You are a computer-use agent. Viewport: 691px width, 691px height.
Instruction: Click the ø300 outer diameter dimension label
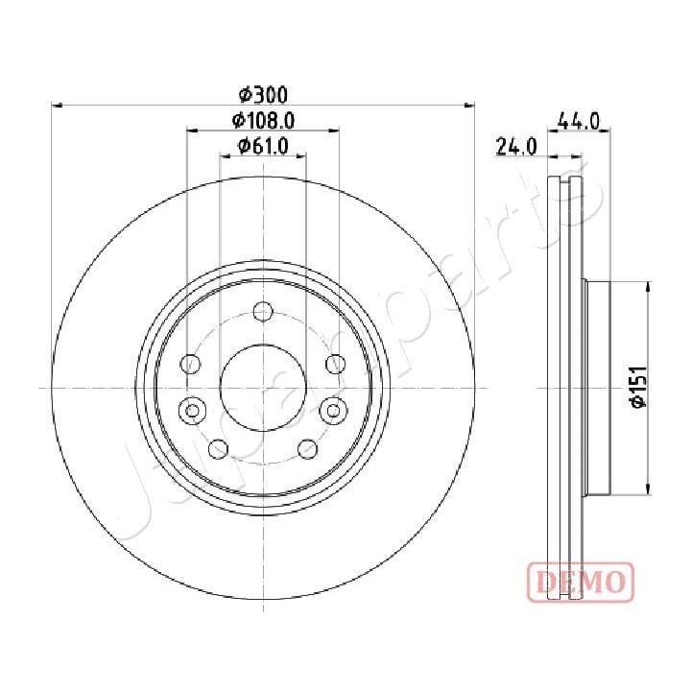(263, 94)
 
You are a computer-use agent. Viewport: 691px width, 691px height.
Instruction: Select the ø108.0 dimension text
(262, 120)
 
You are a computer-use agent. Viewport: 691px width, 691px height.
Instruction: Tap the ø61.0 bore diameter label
(263, 146)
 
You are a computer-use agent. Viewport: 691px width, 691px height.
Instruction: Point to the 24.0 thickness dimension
(515, 147)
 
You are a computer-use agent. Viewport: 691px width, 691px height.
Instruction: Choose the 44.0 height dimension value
(579, 121)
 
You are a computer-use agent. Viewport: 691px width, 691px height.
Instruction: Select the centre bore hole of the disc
(263, 387)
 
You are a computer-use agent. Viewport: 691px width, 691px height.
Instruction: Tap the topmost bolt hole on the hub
(263, 312)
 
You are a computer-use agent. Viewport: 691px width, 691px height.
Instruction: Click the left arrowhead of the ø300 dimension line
(56, 104)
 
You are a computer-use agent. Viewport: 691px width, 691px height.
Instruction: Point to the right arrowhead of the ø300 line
(470, 104)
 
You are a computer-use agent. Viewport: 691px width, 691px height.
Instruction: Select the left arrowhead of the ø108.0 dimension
(191, 130)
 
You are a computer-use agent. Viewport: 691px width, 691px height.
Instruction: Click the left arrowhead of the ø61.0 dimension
(225, 155)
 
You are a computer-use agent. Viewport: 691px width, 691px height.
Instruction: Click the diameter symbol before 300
(246, 94)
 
